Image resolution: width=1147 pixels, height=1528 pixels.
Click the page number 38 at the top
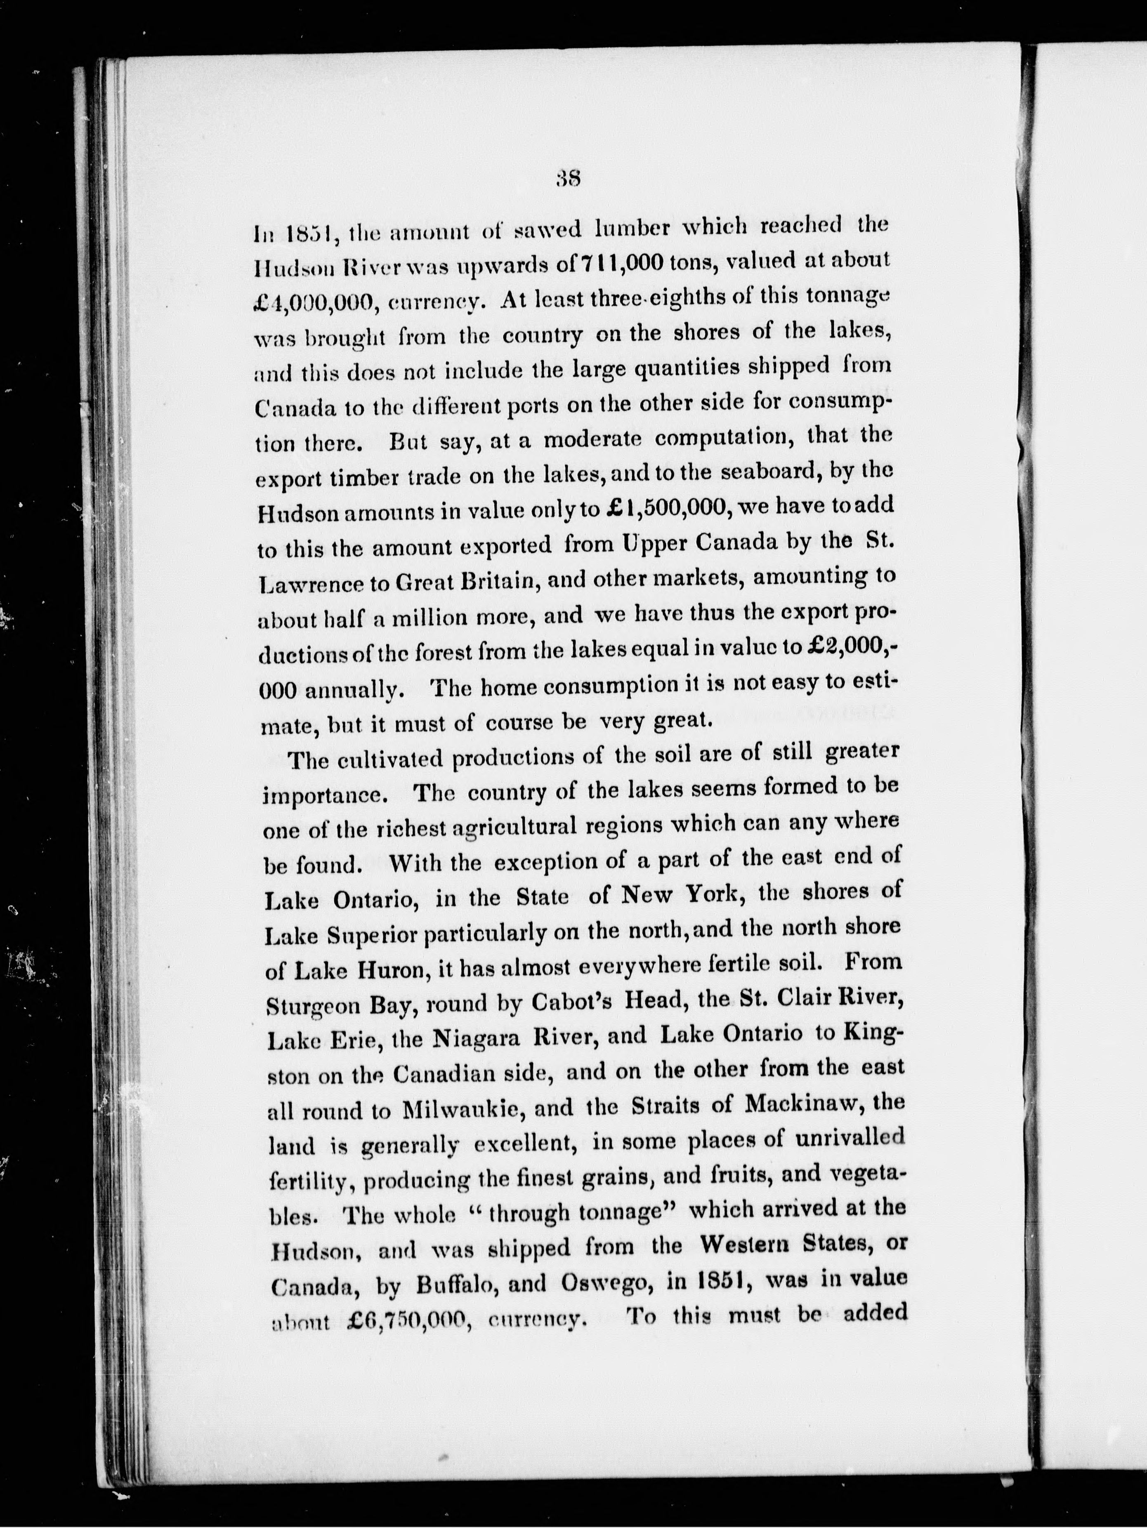click(570, 179)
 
